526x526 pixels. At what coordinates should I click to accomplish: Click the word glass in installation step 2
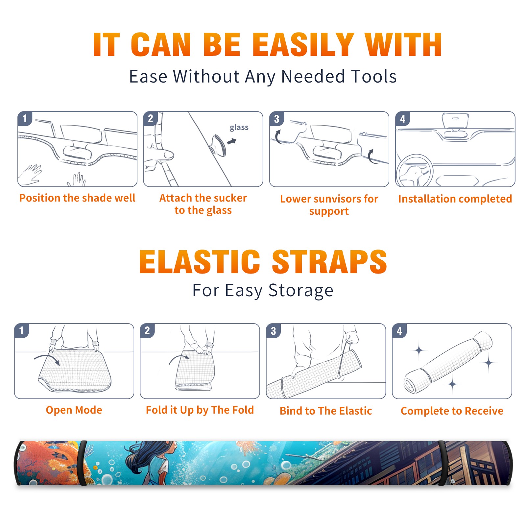tap(239, 128)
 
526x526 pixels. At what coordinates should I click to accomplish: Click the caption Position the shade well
tap(77, 198)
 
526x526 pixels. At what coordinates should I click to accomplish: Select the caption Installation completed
tap(455, 199)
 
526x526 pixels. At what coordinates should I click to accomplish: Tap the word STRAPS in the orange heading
tap(329, 262)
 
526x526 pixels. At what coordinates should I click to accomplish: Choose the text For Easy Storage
tap(263, 291)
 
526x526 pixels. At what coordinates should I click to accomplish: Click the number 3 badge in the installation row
tap(276, 119)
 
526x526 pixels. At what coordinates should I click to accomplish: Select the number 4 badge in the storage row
tap(399, 331)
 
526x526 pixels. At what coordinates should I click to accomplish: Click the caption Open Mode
tap(74, 410)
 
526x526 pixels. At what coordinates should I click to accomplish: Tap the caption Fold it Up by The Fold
tap(200, 410)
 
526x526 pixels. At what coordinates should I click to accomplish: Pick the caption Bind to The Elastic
tap(326, 411)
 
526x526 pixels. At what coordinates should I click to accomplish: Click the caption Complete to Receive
tap(452, 411)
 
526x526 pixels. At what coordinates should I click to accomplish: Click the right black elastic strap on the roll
tap(442, 463)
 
